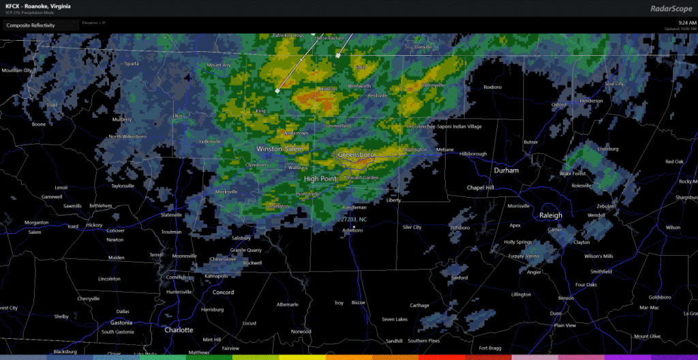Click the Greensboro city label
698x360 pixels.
pos(356,155)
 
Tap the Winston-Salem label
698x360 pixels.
pos(280,149)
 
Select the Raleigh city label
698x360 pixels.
pos(551,215)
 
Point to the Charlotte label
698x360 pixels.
pos(179,329)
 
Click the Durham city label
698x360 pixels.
pos(506,170)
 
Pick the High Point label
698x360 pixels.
pos(320,179)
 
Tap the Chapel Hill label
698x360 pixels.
pos(466,187)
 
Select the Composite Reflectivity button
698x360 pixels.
pos(31,25)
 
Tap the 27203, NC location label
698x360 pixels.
pos(354,220)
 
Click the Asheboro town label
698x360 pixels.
pos(352,230)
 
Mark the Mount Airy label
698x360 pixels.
pos(219,65)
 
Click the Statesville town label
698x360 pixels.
pos(171,215)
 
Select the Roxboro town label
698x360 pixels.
pos(492,87)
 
